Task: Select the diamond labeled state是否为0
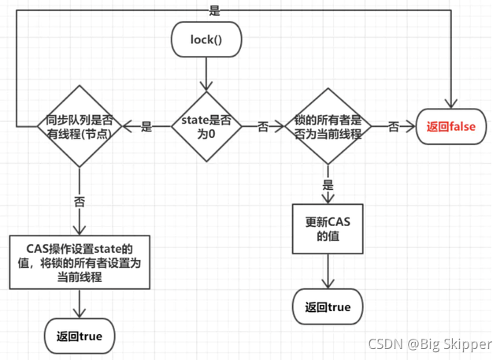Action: [207, 127]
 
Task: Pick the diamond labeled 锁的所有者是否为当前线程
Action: [327, 127]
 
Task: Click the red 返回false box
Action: [451, 127]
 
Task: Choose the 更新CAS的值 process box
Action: [328, 228]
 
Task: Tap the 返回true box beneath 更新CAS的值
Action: [328, 306]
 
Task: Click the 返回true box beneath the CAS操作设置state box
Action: [79, 336]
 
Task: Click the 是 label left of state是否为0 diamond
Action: [146, 127]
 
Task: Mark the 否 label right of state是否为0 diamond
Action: [263, 127]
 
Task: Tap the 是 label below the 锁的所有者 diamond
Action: [328, 185]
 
